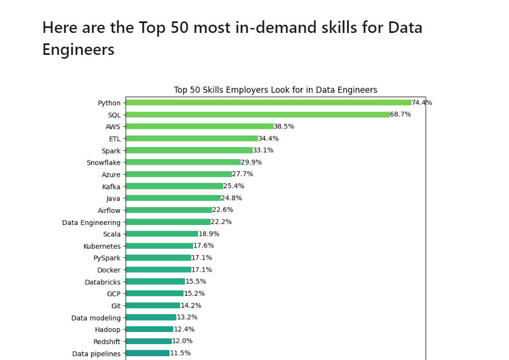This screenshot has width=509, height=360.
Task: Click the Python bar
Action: coord(268,103)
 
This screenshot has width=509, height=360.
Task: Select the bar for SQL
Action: coord(257,115)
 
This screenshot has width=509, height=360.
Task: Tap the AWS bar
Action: coord(199,127)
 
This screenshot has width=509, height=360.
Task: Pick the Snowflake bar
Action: coord(183,162)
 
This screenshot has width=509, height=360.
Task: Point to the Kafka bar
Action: coord(174,186)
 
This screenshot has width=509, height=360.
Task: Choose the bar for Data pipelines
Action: coord(147,353)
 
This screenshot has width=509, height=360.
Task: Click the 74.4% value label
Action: coord(422,103)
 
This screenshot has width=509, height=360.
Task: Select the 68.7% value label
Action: coord(400,115)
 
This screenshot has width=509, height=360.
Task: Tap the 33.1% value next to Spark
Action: coord(263,150)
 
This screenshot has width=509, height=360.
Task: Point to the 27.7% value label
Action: coord(242,174)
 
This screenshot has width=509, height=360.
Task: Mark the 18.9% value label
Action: coord(209,234)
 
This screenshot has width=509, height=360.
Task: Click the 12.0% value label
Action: coord(182,341)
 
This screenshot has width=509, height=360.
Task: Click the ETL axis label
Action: coord(115,139)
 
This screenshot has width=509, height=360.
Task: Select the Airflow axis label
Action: coord(109,210)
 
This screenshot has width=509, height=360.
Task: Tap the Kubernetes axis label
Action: coord(102,246)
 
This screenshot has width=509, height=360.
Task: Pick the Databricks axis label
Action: coord(103,282)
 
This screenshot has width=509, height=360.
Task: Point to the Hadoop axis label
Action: coord(108,330)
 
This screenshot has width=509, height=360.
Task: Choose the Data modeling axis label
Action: coord(96,318)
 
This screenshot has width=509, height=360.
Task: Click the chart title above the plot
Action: coord(275,90)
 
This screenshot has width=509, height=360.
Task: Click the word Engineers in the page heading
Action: coord(78,50)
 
